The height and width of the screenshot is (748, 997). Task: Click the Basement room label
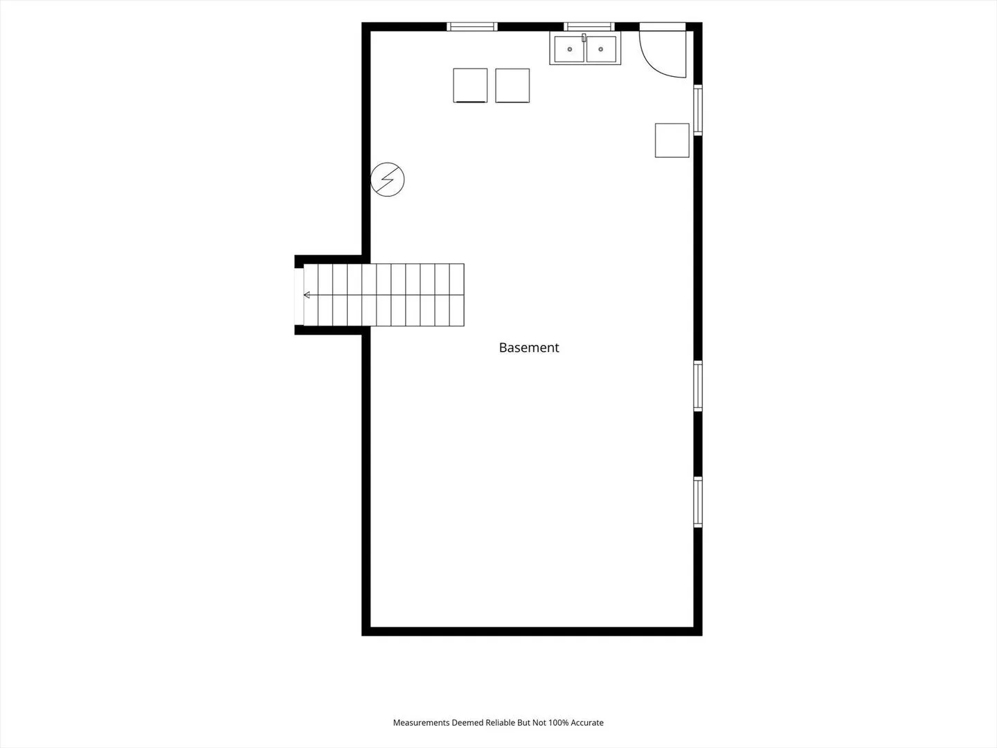pos(529,348)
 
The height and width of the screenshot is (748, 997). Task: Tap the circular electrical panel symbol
pos(388,179)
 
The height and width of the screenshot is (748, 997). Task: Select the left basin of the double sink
pos(569,49)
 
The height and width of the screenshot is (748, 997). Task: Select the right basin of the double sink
pos(601,49)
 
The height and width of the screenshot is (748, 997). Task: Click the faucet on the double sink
pos(584,37)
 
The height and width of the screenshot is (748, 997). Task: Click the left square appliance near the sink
pos(470,85)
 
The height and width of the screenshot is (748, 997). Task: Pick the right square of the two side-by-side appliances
pos(512,85)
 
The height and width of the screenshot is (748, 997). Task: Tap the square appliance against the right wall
pos(672,141)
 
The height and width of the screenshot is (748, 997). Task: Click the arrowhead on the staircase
pos(307,295)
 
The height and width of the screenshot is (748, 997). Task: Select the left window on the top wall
pos(472,27)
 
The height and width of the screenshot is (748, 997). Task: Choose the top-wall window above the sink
pos(589,27)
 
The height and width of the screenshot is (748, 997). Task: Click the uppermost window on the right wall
pos(698,110)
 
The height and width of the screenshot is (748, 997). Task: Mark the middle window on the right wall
pos(698,386)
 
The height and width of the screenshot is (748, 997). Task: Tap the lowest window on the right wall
pos(698,502)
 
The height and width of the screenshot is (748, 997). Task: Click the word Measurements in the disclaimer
pos(421,722)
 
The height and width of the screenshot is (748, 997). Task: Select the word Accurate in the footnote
pos(587,722)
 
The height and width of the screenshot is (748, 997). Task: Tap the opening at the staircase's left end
pos(299,296)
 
